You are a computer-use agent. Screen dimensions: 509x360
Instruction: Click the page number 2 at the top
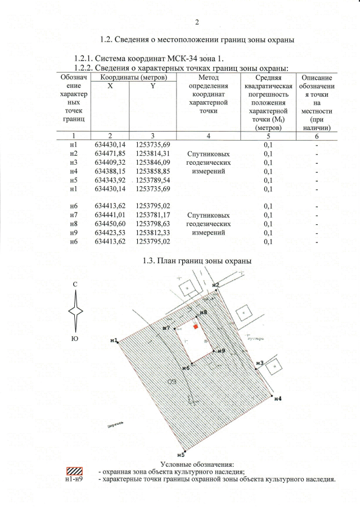[197, 23]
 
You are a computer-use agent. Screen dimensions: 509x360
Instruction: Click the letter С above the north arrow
[75, 285]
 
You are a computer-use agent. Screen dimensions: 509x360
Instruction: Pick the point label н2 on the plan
[215, 285]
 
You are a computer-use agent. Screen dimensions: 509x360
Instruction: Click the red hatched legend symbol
[75, 471]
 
